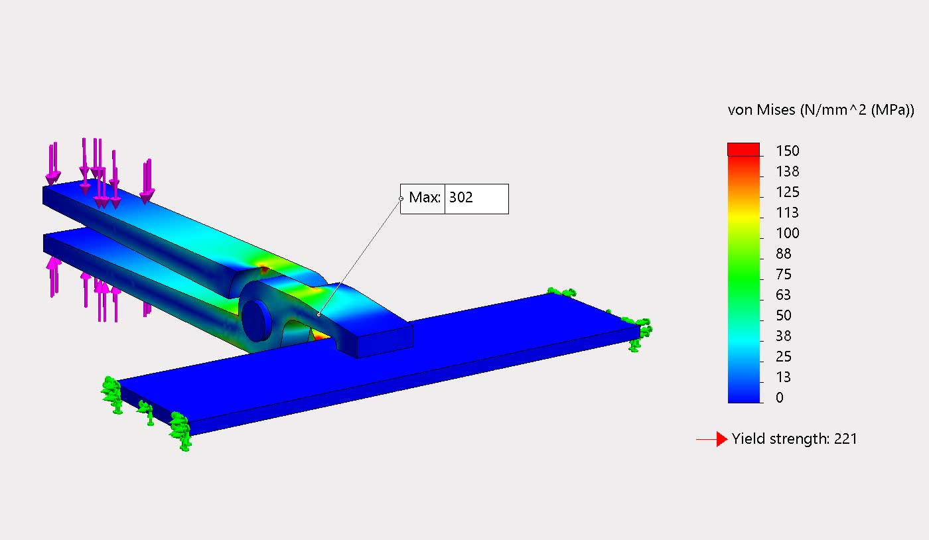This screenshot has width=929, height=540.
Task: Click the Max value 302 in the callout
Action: [x=461, y=198]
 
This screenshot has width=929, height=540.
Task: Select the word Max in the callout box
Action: [x=423, y=198]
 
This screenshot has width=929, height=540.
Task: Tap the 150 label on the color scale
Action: [x=788, y=151]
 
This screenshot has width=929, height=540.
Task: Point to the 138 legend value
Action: [x=788, y=171]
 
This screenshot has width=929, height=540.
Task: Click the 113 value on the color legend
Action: [x=788, y=212]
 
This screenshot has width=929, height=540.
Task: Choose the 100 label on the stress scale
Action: [x=788, y=233]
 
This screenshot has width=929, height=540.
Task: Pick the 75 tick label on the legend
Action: [x=784, y=274]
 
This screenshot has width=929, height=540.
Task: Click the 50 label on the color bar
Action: [x=784, y=315]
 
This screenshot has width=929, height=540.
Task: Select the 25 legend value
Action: [x=784, y=356]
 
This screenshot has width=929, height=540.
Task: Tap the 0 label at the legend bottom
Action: [x=780, y=397]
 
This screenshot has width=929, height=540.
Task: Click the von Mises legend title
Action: [x=821, y=110]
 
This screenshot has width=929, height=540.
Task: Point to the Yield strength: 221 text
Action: [x=794, y=439]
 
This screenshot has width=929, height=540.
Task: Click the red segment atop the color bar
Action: [x=744, y=149]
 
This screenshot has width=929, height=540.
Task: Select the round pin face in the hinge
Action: [x=255, y=319]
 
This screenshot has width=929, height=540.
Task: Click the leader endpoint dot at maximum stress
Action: [x=319, y=314]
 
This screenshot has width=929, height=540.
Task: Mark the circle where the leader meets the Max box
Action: [x=401, y=198]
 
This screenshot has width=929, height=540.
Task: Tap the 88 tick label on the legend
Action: [x=784, y=253]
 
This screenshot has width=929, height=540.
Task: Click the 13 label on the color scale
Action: [x=784, y=377]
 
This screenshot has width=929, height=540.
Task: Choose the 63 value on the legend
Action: [x=784, y=295]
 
